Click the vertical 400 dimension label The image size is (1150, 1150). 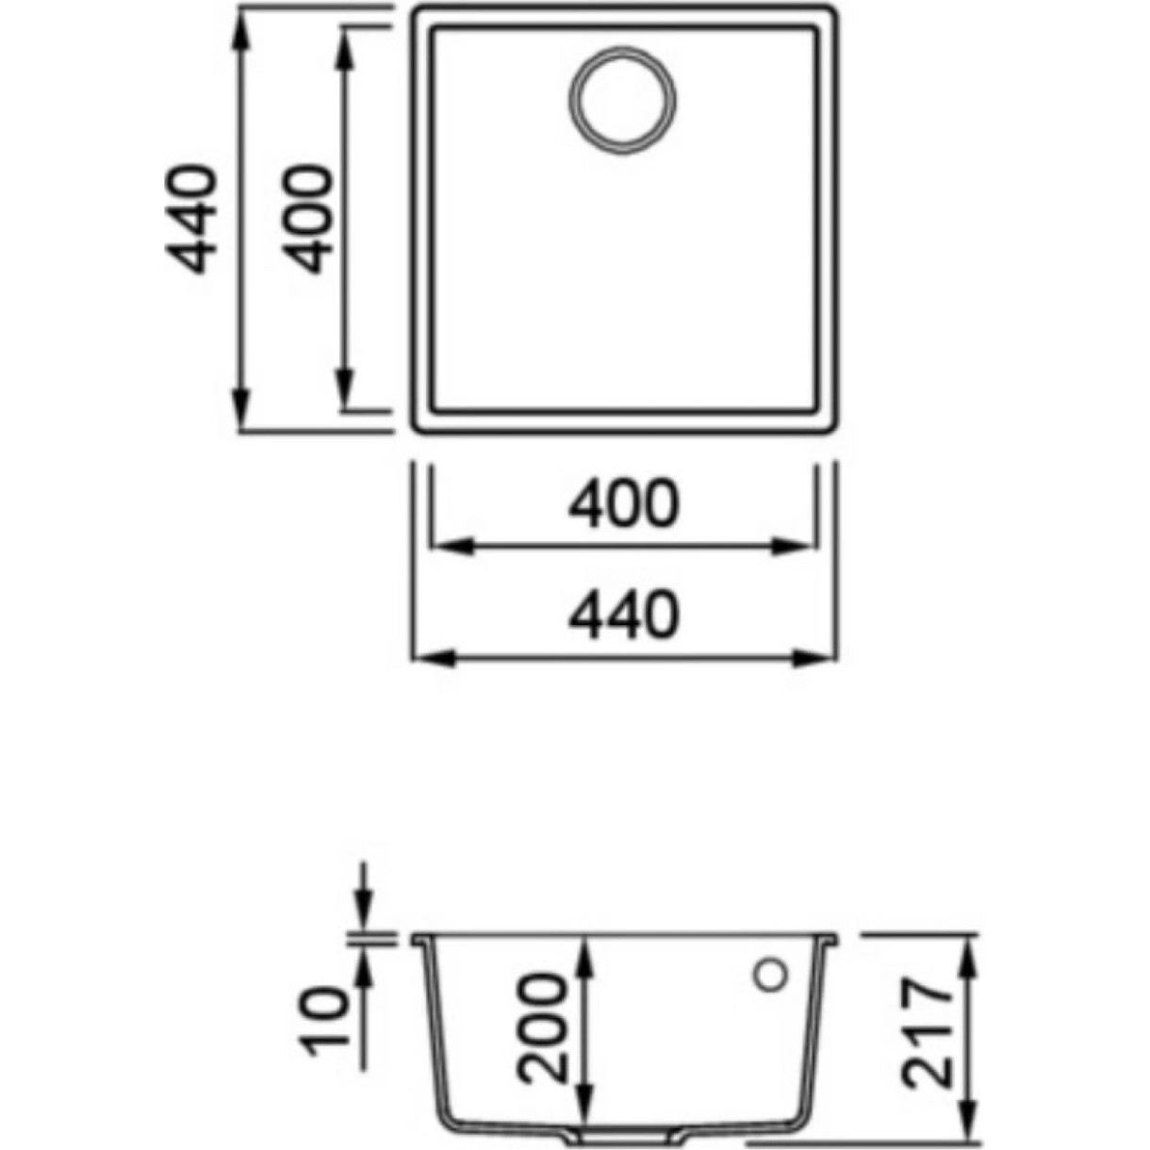306,219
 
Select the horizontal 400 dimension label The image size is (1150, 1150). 624,503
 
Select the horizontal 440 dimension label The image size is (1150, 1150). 624,615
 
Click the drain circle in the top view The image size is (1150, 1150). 622,100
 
